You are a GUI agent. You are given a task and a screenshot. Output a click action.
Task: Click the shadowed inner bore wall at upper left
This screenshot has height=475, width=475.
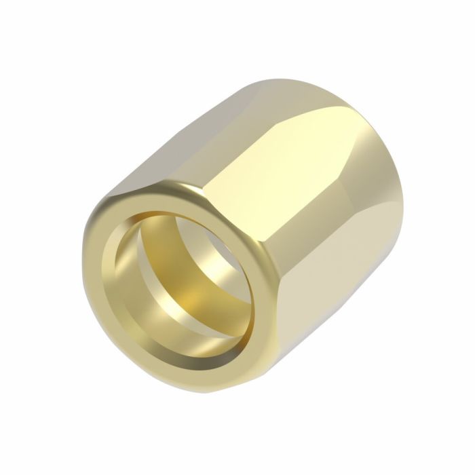click(x=146, y=237)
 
